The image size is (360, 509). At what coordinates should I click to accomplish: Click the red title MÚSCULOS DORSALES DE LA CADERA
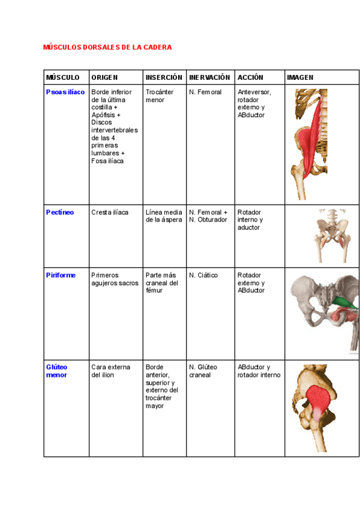(x=107, y=47)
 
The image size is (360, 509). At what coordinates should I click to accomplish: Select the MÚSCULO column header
(x=62, y=77)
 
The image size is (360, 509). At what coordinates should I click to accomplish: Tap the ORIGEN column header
(x=104, y=77)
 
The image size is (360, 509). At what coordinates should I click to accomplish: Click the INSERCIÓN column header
(x=164, y=77)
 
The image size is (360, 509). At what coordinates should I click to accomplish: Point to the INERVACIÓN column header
(x=209, y=77)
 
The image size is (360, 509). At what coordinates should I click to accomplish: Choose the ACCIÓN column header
(x=250, y=77)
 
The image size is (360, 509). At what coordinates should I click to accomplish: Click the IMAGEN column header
(x=300, y=77)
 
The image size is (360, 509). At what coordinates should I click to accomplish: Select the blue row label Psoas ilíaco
(x=65, y=92)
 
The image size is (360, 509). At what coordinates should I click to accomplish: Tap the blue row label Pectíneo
(x=60, y=212)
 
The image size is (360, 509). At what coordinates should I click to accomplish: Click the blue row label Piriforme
(x=61, y=276)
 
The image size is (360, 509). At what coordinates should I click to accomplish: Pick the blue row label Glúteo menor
(x=57, y=371)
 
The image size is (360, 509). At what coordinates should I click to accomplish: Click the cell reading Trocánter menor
(x=160, y=96)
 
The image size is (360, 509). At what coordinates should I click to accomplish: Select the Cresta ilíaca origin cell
(x=110, y=212)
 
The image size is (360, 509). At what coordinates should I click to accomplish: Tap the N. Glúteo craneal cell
(x=204, y=371)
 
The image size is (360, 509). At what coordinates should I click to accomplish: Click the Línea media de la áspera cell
(x=164, y=216)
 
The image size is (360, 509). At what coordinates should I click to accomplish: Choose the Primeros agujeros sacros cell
(x=115, y=279)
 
